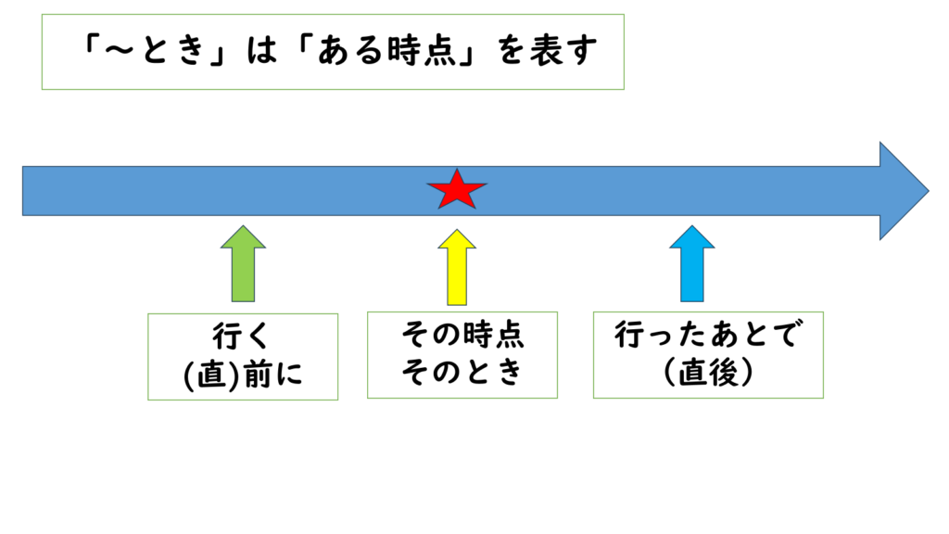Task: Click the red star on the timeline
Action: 456,191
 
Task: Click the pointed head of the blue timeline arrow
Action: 904,191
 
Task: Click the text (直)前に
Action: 242,374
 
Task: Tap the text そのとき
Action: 462,373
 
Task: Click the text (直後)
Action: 708,373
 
